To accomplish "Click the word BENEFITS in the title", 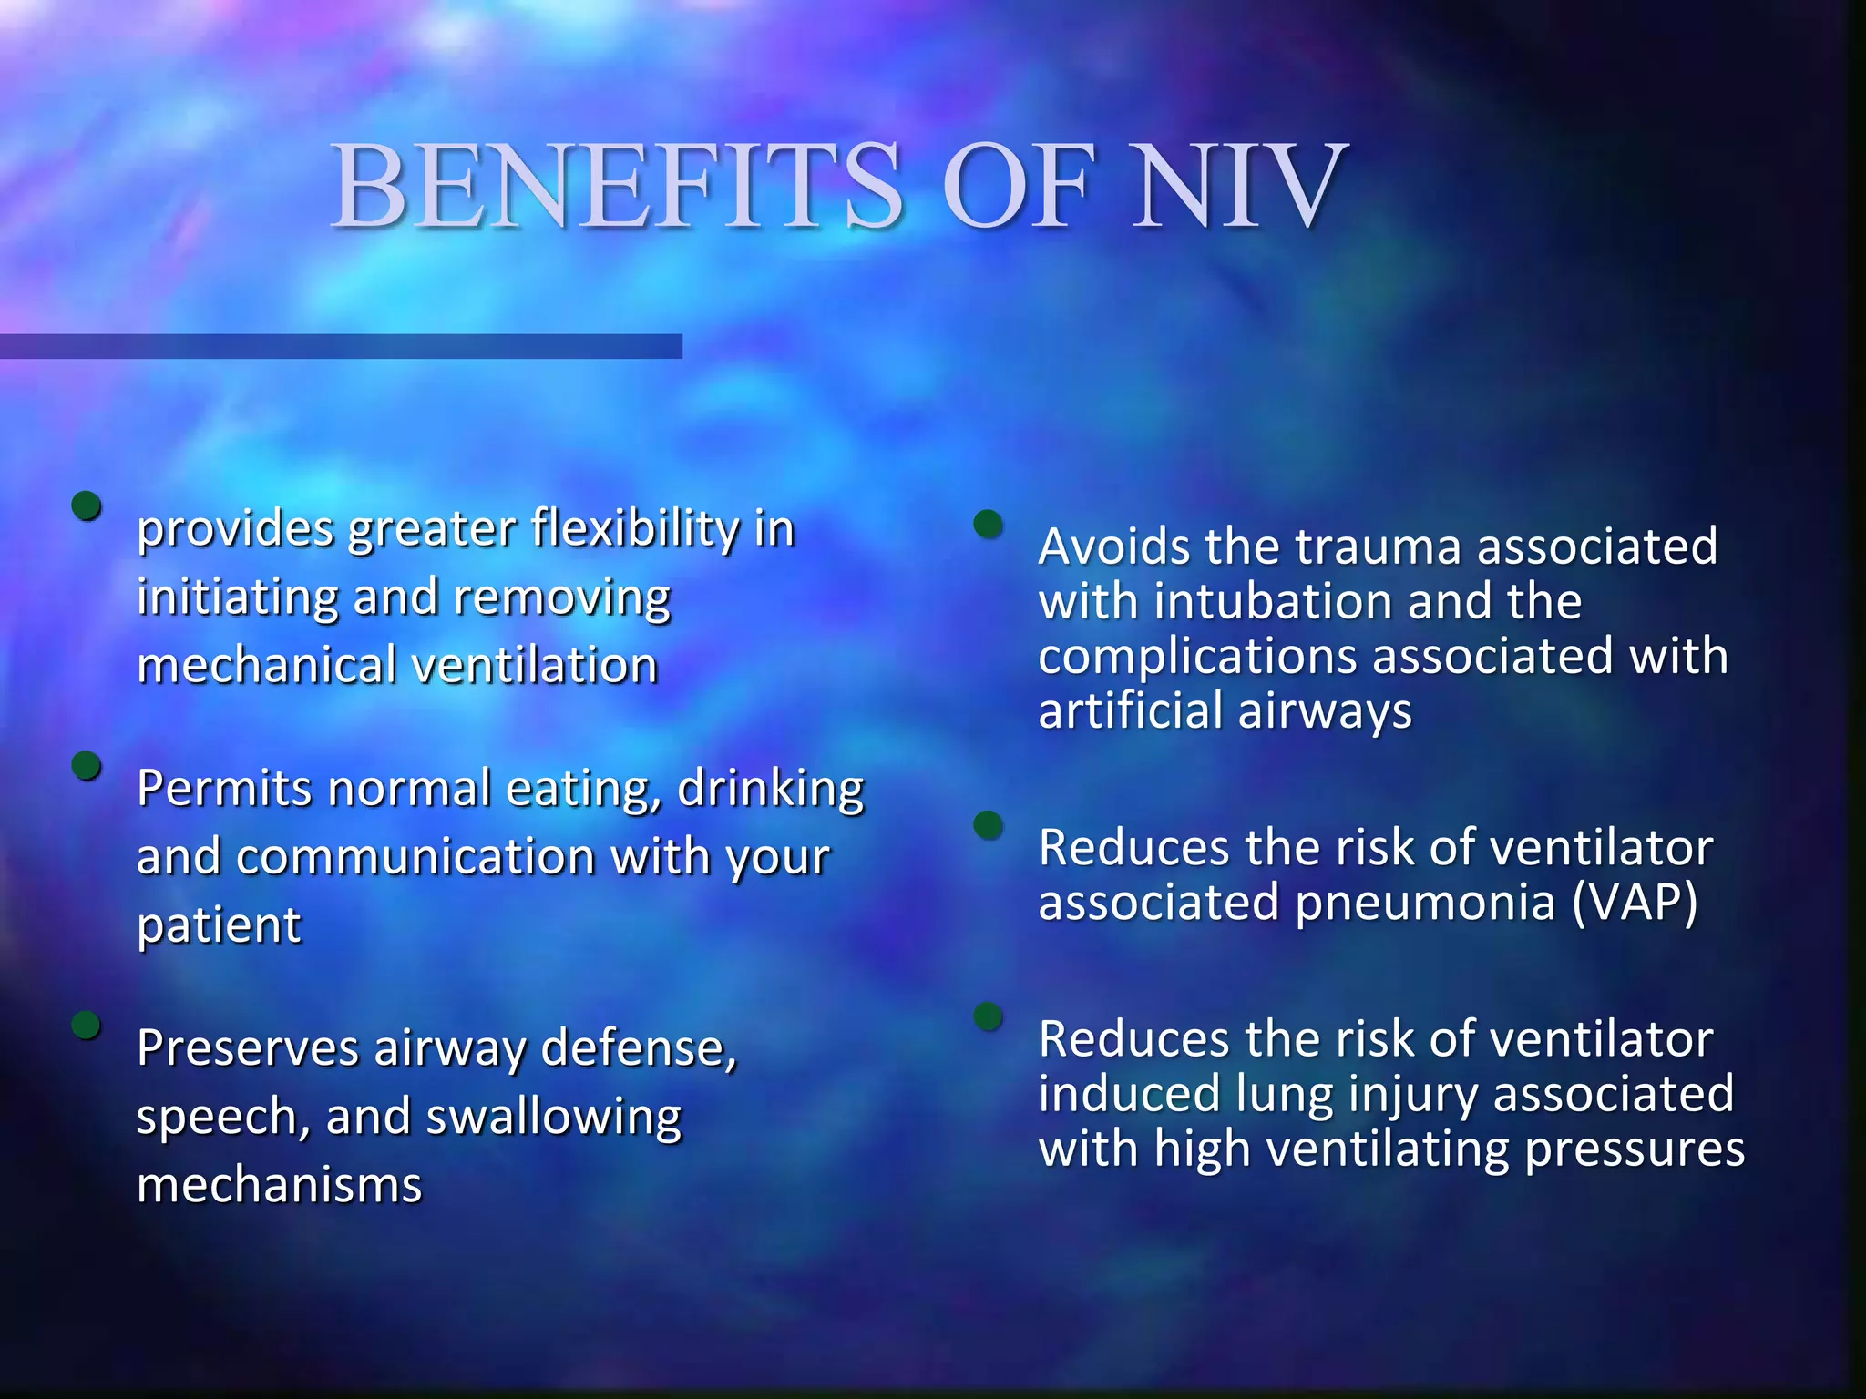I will [616, 187].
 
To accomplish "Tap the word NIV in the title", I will [1238, 187].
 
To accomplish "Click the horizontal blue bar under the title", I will [341, 346].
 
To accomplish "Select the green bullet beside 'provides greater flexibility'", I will [87, 505].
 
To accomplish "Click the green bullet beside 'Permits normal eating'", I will [87, 766].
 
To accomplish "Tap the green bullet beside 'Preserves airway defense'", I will [87, 1026].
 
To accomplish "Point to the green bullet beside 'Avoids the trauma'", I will [988, 524].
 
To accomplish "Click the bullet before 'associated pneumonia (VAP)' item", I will [988, 825].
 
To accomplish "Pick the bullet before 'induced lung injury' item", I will [988, 1016].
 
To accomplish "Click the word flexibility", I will [635, 528].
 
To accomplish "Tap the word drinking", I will [770, 789].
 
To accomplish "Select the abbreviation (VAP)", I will [1635, 903].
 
